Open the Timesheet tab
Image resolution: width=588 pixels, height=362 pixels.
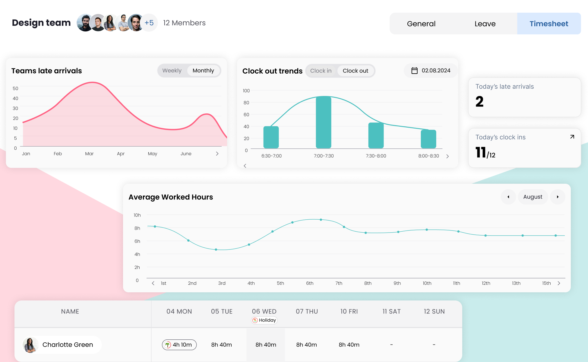click(x=548, y=24)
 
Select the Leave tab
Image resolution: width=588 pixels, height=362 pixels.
click(x=485, y=24)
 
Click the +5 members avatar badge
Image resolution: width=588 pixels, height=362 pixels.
click(x=149, y=23)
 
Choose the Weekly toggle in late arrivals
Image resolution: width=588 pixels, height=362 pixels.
click(x=172, y=71)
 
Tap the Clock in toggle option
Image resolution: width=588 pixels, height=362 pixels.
click(x=321, y=71)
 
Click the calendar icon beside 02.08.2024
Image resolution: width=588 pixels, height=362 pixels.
click(x=415, y=71)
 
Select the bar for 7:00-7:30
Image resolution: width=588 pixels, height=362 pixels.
click(x=324, y=122)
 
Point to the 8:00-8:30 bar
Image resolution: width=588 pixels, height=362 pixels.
click(x=428, y=139)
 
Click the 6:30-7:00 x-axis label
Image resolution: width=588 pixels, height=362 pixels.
click(x=271, y=156)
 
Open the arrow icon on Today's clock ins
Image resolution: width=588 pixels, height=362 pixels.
click(x=572, y=137)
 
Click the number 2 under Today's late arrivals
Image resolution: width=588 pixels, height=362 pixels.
click(x=479, y=102)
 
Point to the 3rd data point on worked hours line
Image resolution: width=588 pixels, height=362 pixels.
click(x=216, y=249)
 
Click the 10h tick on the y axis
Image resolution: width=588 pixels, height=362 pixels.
click(x=137, y=215)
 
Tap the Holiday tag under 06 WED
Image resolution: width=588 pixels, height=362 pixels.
click(x=264, y=320)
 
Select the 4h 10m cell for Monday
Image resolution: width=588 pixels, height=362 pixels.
click(x=179, y=345)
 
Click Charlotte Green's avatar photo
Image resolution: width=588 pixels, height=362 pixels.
click(x=30, y=345)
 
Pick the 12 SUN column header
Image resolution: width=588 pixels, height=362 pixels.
click(x=434, y=311)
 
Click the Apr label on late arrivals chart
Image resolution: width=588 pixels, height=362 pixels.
click(x=121, y=154)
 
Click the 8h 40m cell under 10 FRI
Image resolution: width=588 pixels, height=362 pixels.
click(x=349, y=345)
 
